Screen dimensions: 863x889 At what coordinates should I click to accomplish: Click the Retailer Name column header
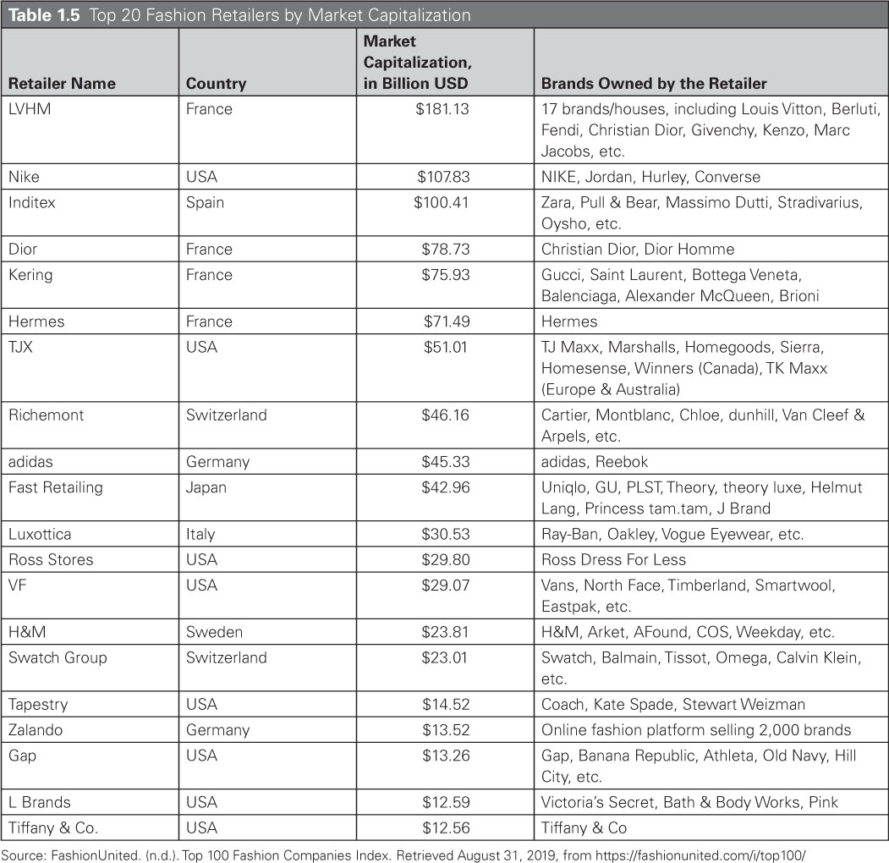click(x=62, y=83)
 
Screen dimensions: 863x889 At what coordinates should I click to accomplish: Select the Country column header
click(x=216, y=83)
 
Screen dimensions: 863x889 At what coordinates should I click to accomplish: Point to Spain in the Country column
click(x=205, y=202)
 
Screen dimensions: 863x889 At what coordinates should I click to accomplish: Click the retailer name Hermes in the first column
click(x=36, y=322)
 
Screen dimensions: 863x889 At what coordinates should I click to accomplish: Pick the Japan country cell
click(x=206, y=487)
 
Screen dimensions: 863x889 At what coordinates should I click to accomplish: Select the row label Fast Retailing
click(x=55, y=487)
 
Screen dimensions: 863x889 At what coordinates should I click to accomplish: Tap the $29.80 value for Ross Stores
click(x=445, y=559)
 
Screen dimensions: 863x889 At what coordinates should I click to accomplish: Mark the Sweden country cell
click(x=214, y=632)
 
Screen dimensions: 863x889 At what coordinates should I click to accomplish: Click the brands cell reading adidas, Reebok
click(x=595, y=462)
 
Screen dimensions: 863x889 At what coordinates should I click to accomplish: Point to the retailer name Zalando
click(x=36, y=729)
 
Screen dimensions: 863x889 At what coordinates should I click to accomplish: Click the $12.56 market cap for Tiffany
click(x=445, y=827)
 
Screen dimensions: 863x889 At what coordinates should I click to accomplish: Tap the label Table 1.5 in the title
click(x=43, y=15)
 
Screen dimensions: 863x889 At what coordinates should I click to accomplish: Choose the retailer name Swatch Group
click(x=58, y=657)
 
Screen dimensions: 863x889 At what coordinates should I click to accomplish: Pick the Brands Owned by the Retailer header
click(x=654, y=83)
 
